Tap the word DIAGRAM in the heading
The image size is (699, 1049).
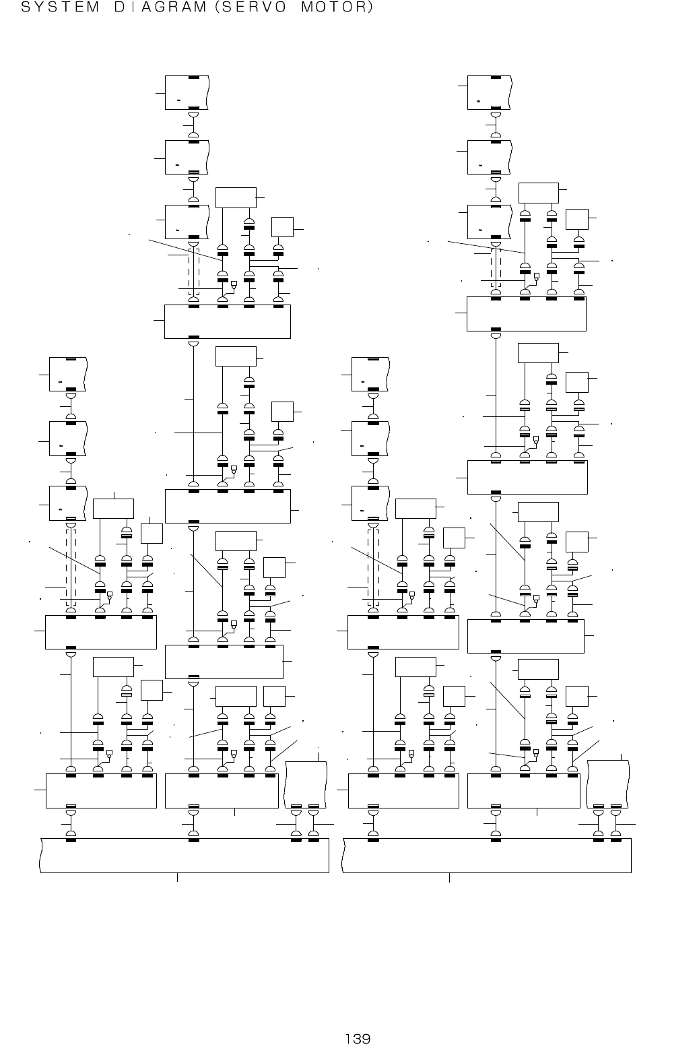(158, 8)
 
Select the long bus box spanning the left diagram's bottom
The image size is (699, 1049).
(185, 855)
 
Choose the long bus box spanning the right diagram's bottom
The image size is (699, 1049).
(487, 855)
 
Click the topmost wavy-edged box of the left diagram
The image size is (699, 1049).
(187, 93)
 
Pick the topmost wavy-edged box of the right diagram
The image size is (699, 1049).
(490, 93)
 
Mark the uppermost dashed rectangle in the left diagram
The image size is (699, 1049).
(194, 272)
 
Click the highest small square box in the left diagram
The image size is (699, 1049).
(282, 227)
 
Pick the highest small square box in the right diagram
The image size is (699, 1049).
(577, 220)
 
